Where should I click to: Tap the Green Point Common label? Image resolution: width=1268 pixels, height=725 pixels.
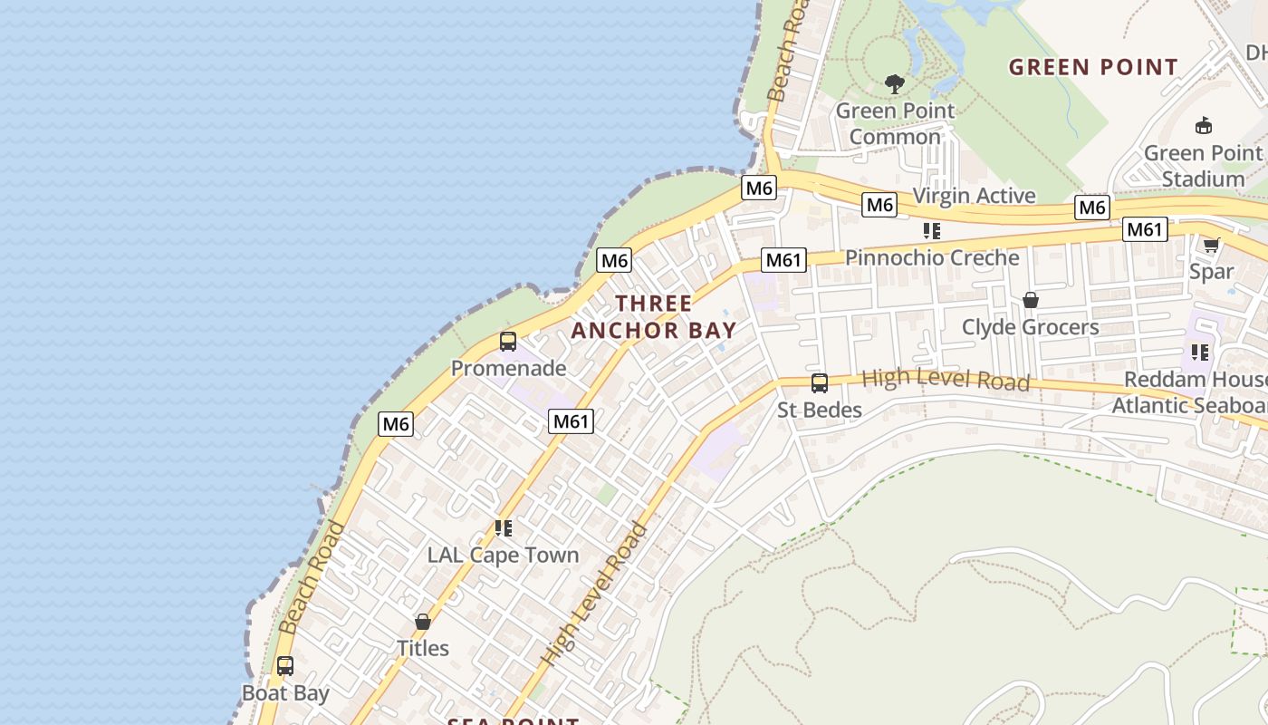pos(895,124)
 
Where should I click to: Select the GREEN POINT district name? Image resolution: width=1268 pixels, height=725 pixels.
pos(1093,67)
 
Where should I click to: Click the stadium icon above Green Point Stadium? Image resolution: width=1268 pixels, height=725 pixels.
pos(1204,125)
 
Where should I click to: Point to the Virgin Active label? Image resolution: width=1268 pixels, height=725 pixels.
pos(974,196)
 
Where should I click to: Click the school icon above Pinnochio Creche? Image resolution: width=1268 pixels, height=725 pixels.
pos(931,231)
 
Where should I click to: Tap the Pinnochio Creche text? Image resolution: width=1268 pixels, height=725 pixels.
pos(932,258)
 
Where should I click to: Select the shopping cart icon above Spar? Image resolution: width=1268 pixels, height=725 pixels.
pos(1211,245)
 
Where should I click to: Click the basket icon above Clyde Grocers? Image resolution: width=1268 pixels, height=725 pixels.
pos(1030,300)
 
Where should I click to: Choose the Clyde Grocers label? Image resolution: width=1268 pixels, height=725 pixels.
pos(1030,327)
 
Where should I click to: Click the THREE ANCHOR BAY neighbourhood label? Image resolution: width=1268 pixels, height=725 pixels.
pos(653,316)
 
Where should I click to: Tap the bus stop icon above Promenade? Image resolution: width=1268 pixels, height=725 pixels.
pos(508,342)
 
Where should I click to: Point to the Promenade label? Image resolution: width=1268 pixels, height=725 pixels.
pos(508,369)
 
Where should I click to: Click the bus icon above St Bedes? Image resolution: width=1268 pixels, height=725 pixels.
pos(820,383)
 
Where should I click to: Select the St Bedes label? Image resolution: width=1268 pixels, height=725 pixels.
pos(820,411)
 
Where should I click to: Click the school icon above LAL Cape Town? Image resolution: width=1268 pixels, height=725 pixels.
pos(503,528)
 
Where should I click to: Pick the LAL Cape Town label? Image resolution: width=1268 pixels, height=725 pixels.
pos(503,556)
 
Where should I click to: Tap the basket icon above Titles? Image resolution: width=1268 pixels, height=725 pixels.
pos(422,622)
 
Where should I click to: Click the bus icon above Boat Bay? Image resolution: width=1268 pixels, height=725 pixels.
pos(285,666)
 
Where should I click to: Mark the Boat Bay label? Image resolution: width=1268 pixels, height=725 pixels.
pos(285,693)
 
